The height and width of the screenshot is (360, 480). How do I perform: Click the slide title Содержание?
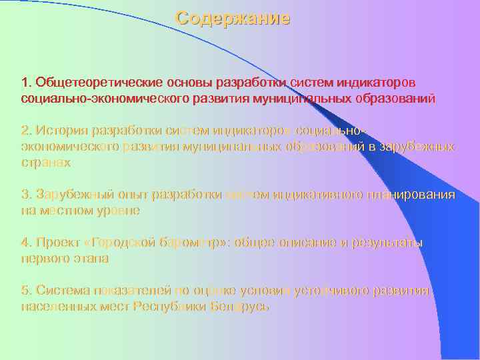pos(233,19)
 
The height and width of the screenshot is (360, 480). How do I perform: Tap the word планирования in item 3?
pos(411,195)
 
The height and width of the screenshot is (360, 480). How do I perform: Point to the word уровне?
pos(118,211)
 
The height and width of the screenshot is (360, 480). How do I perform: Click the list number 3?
pos(25,195)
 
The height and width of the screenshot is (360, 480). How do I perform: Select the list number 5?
pos(25,291)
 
